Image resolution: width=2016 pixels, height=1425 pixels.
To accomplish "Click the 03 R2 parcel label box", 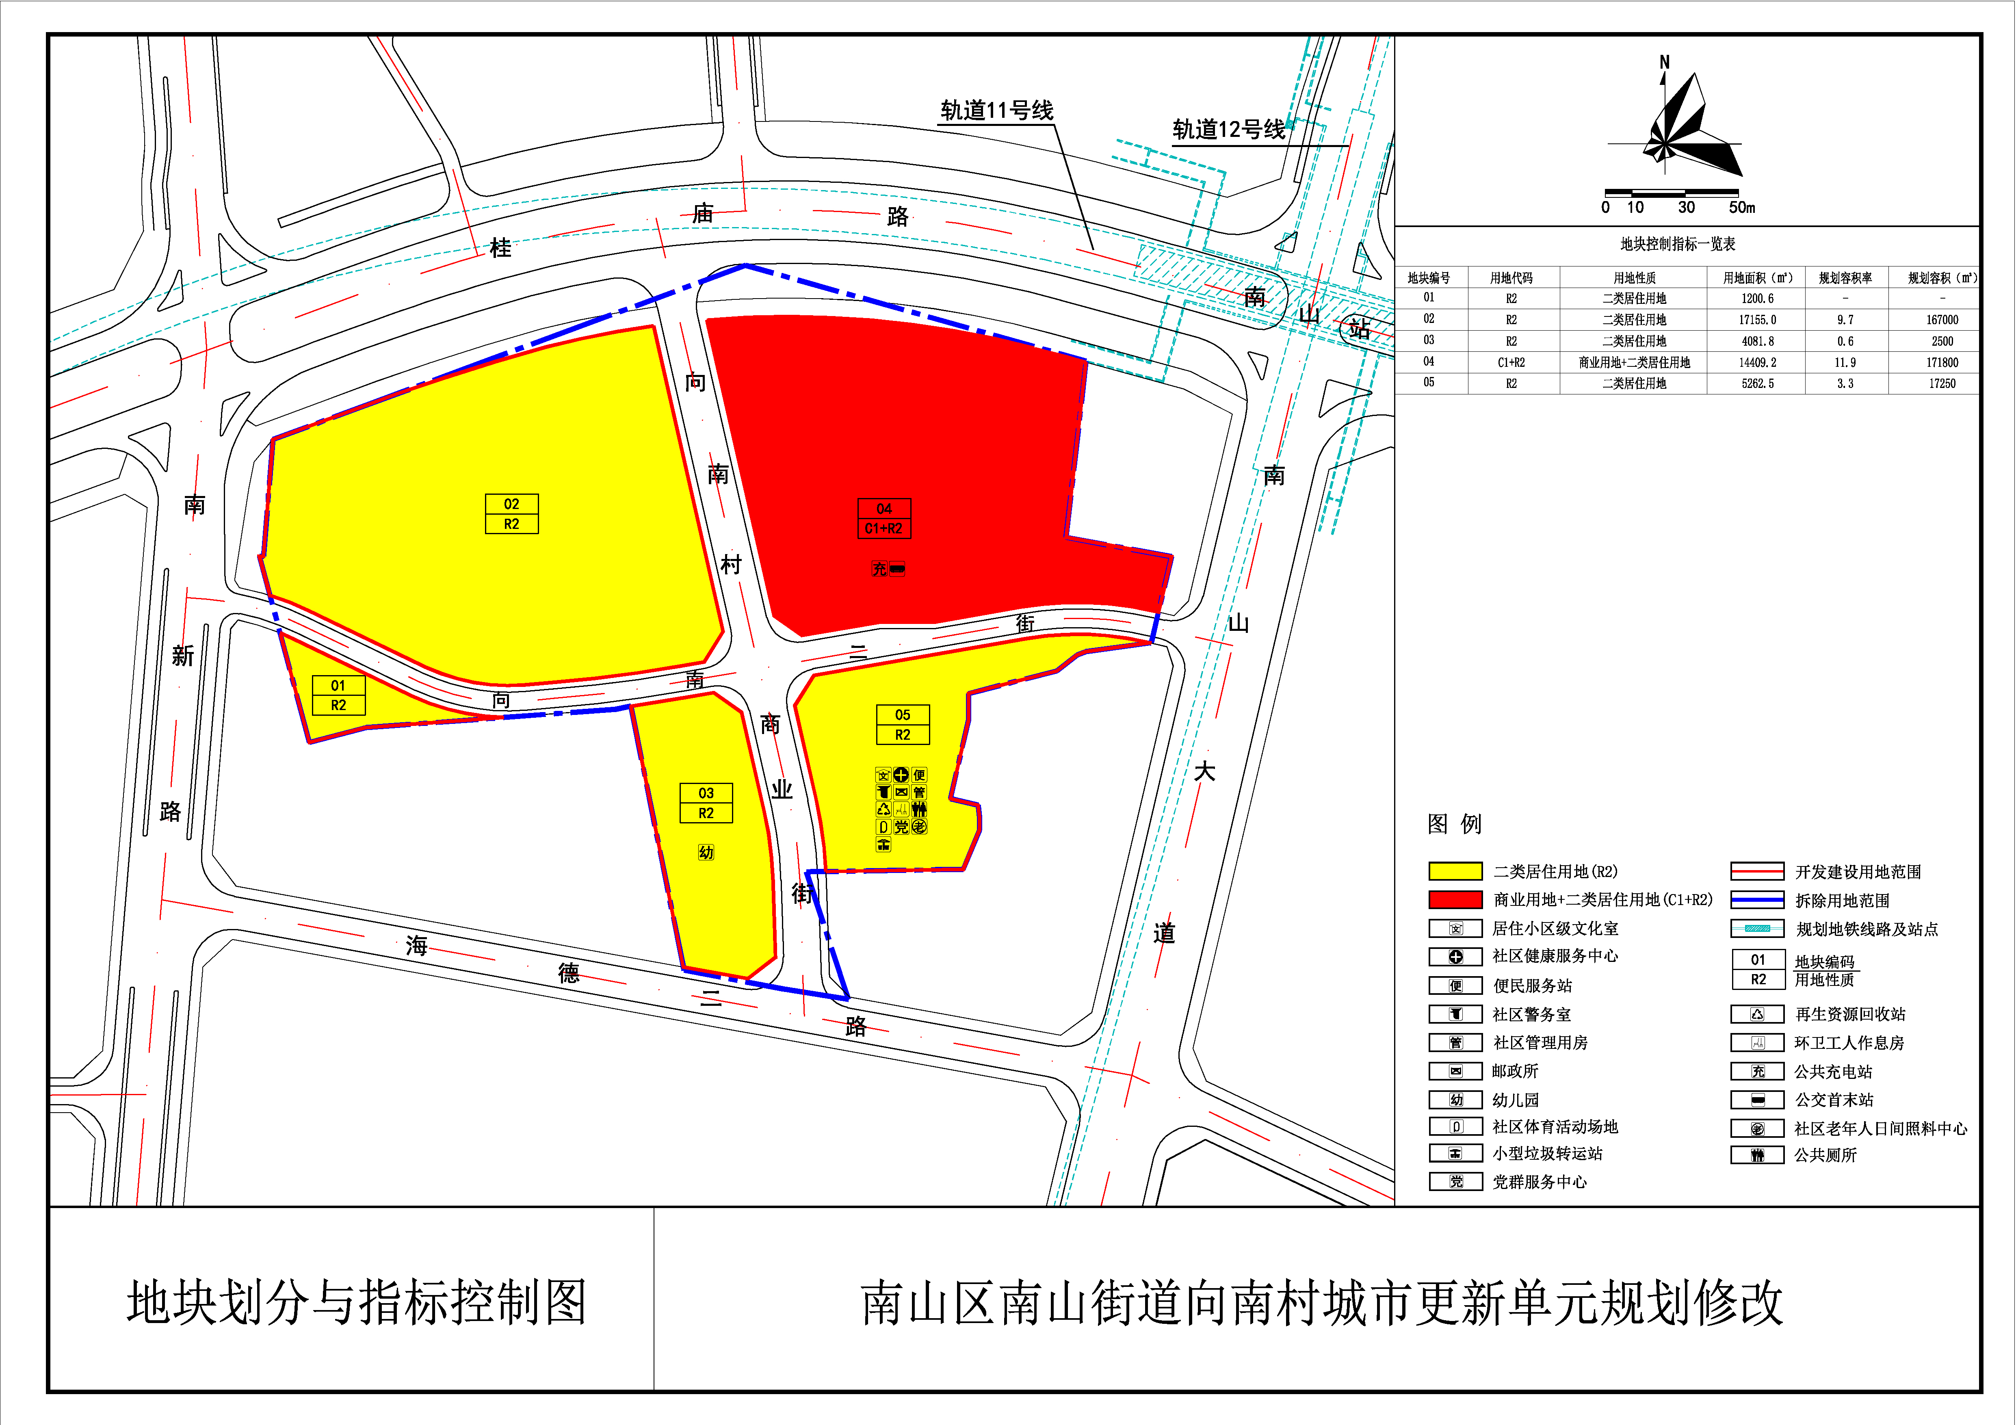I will (706, 803).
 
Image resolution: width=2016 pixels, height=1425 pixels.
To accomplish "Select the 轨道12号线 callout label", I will (1228, 130).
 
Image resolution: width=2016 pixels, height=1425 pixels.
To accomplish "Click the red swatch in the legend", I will (1455, 899).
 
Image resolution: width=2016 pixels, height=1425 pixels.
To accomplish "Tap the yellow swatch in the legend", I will (1455, 871).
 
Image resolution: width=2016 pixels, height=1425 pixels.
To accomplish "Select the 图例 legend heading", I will (1454, 823).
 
